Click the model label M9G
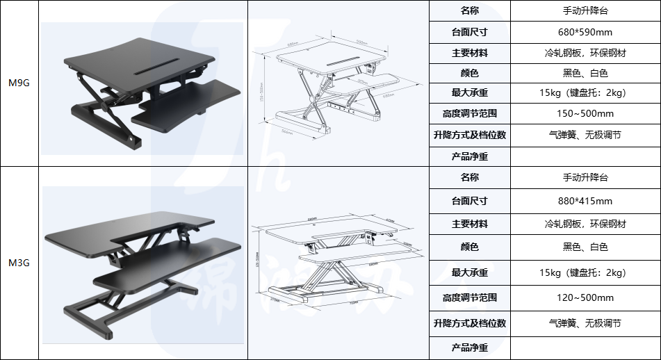[x=18, y=83]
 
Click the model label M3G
[x=18, y=263]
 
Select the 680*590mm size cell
[x=585, y=32]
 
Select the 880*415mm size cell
[x=585, y=202]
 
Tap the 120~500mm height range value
[x=585, y=297]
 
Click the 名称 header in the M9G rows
[x=470, y=11]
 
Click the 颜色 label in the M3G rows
[x=470, y=246]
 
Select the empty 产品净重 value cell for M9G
[x=585, y=156]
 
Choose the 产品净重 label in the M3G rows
[x=470, y=347]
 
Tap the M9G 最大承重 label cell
[x=470, y=93]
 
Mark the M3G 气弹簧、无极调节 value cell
[x=585, y=323]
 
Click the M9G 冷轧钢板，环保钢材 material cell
[x=585, y=53]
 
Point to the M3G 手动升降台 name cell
[x=585, y=177]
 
